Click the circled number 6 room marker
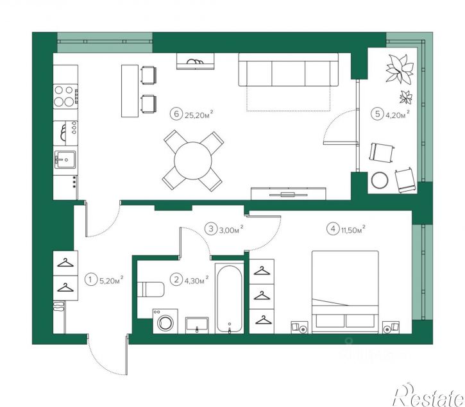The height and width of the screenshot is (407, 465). [176, 114]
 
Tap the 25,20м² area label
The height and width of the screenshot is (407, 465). [199, 115]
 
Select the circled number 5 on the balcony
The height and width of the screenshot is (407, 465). [377, 114]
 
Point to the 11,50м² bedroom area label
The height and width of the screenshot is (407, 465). [353, 229]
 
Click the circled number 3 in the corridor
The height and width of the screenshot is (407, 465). [211, 229]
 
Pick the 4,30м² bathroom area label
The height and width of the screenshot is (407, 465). [197, 280]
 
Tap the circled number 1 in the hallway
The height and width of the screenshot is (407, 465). [90, 279]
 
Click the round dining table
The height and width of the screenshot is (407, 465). [193, 161]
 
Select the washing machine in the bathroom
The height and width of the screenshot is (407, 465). [165, 321]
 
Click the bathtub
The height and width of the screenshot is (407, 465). [230, 299]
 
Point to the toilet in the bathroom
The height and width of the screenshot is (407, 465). [151, 290]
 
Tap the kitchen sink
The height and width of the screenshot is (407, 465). [65, 160]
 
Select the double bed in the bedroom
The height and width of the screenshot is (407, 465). [345, 292]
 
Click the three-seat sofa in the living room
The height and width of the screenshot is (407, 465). [289, 70]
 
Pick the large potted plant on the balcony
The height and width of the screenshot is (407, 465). [400, 69]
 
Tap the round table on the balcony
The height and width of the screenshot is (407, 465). [379, 180]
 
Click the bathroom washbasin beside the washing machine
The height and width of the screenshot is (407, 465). [197, 325]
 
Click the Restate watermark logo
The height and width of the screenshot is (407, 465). [428, 395]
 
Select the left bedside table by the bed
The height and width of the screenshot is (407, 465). [300, 328]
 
